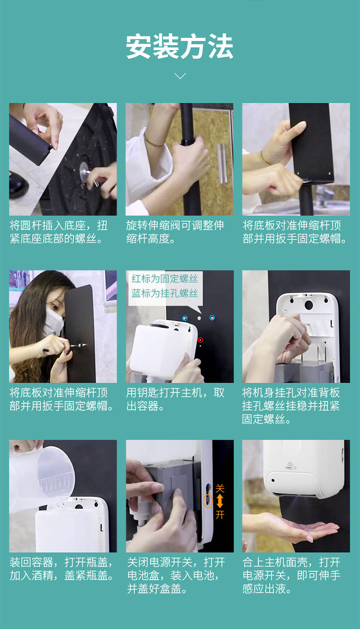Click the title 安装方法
pos(180,47)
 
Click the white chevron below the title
pos(180,76)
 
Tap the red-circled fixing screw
pos(200,340)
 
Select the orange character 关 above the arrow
pos(220,489)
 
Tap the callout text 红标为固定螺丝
pos(165,278)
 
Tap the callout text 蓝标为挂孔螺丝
pos(165,293)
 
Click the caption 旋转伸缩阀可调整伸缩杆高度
pos(175,232)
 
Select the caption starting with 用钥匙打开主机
pos(175,399)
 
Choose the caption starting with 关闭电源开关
pos(176,575)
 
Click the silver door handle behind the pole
pos(222,163)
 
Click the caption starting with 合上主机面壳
pos(291,575)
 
